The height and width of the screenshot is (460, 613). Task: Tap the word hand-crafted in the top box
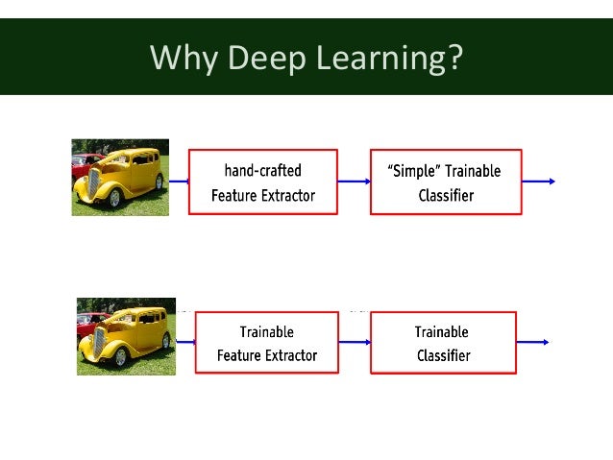pyautogui.click(x=262, y=171)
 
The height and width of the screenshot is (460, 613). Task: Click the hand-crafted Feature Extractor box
pyautogui.click(x=262, y=182)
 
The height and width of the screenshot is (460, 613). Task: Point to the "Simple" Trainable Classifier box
pyautogui.click(x=445, y=182)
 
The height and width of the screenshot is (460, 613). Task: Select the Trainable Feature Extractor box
pyautogui.click(x=266, y=342)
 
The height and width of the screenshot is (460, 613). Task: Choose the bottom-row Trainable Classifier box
pyautogui.click(x=443, y=342)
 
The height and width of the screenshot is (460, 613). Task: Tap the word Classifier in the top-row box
pyautogui.click(x=445, y=195)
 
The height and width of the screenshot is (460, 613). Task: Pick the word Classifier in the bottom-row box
pyautogui.click(x=443, y=355)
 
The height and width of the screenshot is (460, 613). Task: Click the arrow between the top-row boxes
pyautogui.click(x=354, y=182)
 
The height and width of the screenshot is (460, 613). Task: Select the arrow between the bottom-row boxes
pyautogui.click(x=355, y=342)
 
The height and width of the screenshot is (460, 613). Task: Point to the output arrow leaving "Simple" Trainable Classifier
pyautogui.click(x=538, y=182)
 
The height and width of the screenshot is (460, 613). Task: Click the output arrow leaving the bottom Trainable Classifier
pyautogui.click(x=532, y=342)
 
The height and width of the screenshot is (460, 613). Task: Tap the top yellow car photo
pyautogui.click(x=120, y=177)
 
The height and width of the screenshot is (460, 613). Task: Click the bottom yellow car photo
pyautogui.click(x=126, y=335)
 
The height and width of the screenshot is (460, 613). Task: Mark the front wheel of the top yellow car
pyautogui.click(x=115, y=198)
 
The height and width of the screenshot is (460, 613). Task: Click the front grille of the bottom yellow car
pyautogui.click(x=98, y=342)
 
